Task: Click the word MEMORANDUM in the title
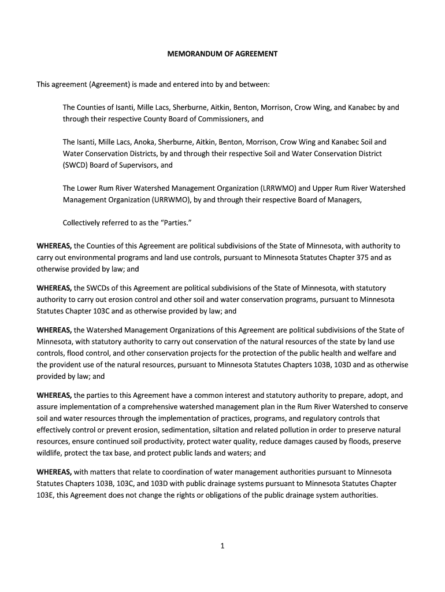click(x=191, y=54)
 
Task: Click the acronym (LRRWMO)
click(x=278, y=188)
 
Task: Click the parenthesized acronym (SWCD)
click(x=77, y=165)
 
